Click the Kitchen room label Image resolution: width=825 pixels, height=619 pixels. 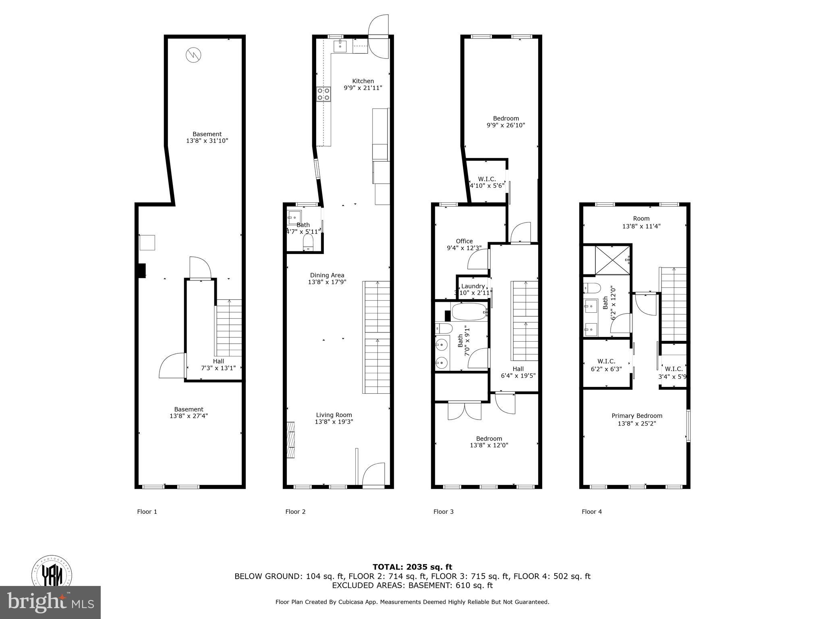(x=363, y=81)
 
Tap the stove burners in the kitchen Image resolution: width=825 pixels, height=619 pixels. (x=323, y=94)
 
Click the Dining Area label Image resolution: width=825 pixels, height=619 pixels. (x=327, y=275)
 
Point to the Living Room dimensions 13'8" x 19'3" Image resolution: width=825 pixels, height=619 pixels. (x=334, y=422)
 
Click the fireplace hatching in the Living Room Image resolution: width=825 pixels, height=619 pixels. (x=290, y=440)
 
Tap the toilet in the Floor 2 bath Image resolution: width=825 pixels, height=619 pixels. (x=308, y=242)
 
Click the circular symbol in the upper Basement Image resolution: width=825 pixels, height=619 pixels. (x=193, y=54)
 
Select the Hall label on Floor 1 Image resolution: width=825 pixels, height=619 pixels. (x=218, y=361)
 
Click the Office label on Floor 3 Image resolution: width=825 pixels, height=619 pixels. (x=464, y=241)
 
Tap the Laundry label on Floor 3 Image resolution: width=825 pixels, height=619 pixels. (x=473, y=286)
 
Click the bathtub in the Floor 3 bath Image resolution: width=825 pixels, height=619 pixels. (x=469, y=312)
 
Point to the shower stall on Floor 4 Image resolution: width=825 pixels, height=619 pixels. (x=611, y=260)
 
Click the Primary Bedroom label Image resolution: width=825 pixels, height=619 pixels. (x=636, y=416)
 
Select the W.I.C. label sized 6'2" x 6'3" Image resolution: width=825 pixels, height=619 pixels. (x=606, y=361)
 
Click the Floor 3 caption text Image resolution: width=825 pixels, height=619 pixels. (x=443, y=512)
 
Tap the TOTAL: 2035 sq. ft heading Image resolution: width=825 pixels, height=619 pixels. (x=412, y=567)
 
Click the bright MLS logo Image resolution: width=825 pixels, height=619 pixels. (x=50, y=602)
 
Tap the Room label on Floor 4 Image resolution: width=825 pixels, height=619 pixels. (x=641, y=218)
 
